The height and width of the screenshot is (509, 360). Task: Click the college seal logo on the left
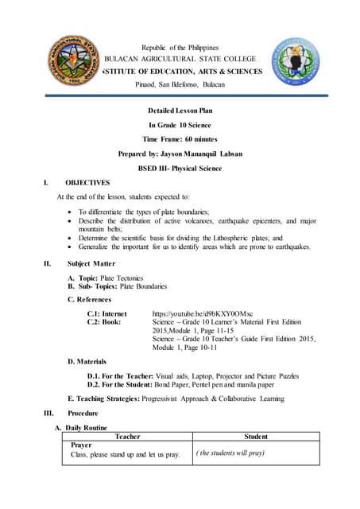pos(72,64)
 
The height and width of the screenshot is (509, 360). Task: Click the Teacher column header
pos(128,437)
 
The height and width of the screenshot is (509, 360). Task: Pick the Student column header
pos(256,437)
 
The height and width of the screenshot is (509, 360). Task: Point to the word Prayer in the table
pos(81,445)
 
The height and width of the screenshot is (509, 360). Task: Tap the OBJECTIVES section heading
pos(87,182)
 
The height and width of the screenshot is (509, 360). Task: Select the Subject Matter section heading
pos(91,263)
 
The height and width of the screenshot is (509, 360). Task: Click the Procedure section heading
pos(83,414)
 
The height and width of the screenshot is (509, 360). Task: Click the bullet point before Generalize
pos(72,247)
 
